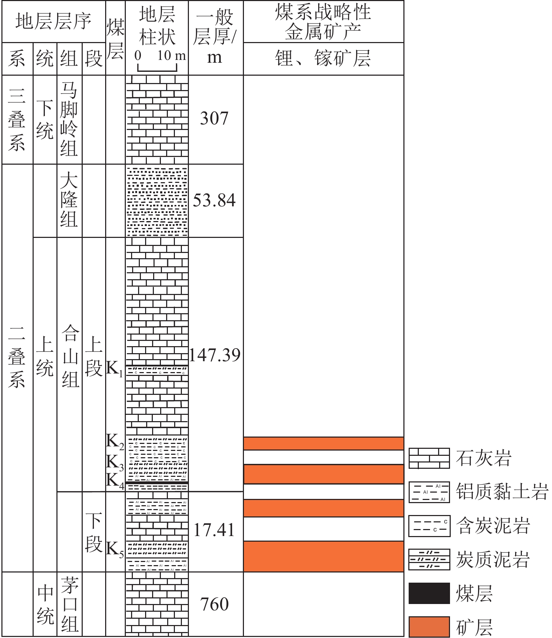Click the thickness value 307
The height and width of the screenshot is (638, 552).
point(214,118)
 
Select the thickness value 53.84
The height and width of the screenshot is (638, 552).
point(214,200)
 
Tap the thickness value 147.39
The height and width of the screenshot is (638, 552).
point(215,355)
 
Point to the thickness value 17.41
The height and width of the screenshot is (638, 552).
point(214,530)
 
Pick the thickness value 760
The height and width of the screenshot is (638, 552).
point(214,604)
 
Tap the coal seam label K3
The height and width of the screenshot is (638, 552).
point(115,463)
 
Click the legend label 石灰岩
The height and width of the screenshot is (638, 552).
point(484,458)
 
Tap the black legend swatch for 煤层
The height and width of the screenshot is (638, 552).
point(429,593)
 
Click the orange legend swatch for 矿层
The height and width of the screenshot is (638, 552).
point(429,627)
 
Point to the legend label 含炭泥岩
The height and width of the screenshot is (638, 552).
point(493,526)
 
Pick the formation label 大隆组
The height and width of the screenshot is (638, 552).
point(69,200)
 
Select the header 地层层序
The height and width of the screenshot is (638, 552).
point(53,21)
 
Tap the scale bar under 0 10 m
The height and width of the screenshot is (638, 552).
point(157,68)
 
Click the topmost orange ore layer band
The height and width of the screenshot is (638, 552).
point(323,443)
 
